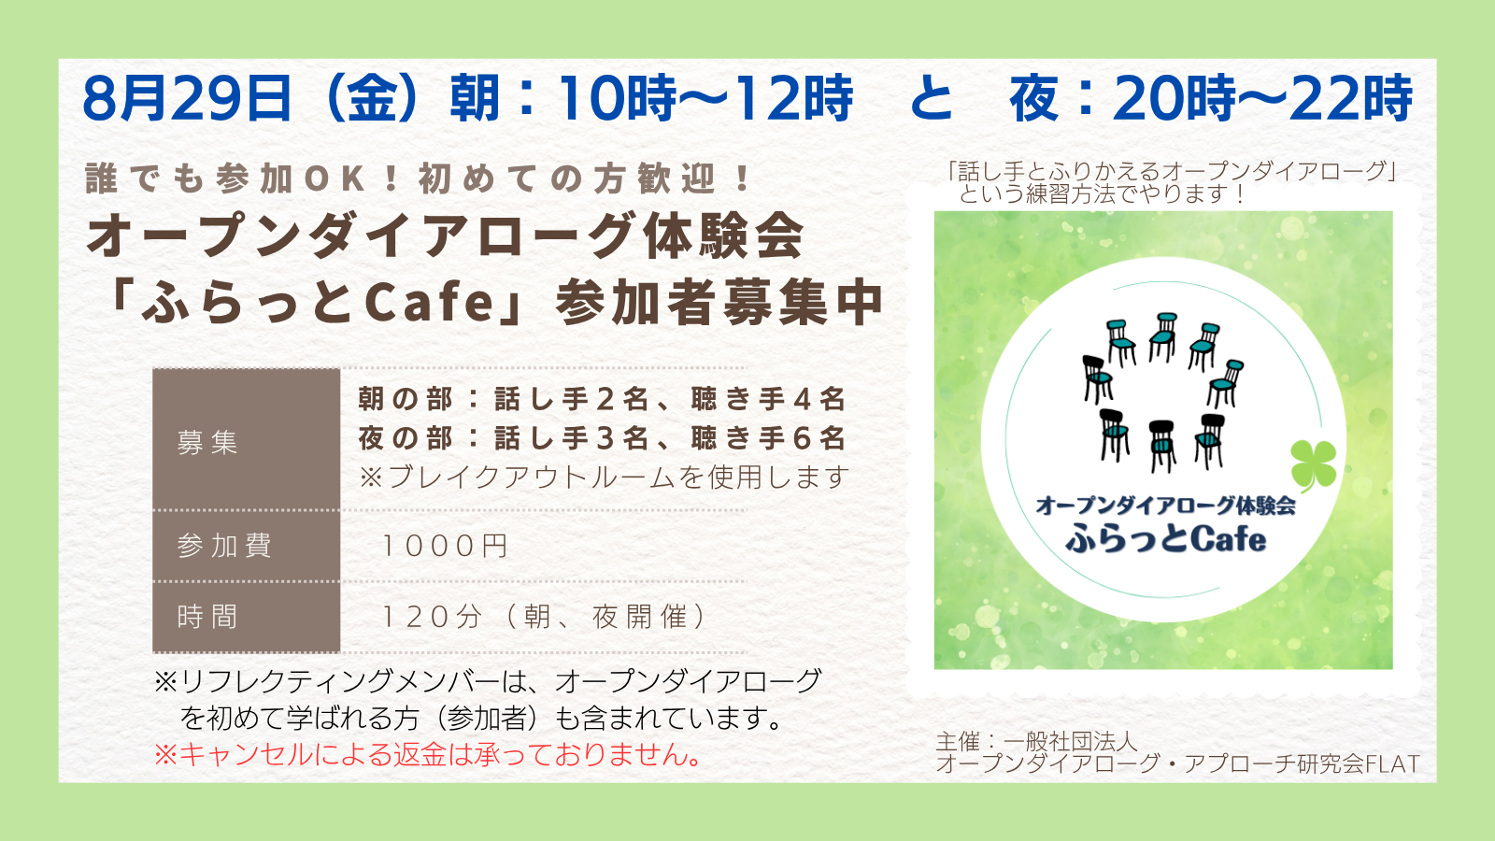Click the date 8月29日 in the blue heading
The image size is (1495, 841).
point(188,98)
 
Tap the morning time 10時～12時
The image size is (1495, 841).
point(705,98)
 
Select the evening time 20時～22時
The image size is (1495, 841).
point(1262,98)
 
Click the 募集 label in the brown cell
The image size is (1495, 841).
point(206,442)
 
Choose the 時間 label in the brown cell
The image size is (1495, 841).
point(206,616)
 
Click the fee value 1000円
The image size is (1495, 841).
point(445,546)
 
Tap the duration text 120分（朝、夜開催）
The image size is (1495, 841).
point(544,616)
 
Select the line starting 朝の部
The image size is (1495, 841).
point(602,399)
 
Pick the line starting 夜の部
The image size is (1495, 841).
point(602,438)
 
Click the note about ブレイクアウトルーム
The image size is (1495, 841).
point(605,477)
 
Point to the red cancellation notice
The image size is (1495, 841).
point(428,754)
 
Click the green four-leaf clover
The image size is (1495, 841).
point(1314,464)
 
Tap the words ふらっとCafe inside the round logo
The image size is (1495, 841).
point(1165,538)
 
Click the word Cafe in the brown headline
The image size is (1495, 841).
point(430,302)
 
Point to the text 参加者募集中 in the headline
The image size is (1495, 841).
point(719,303)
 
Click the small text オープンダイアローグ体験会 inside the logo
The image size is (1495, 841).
point(1165,506)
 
